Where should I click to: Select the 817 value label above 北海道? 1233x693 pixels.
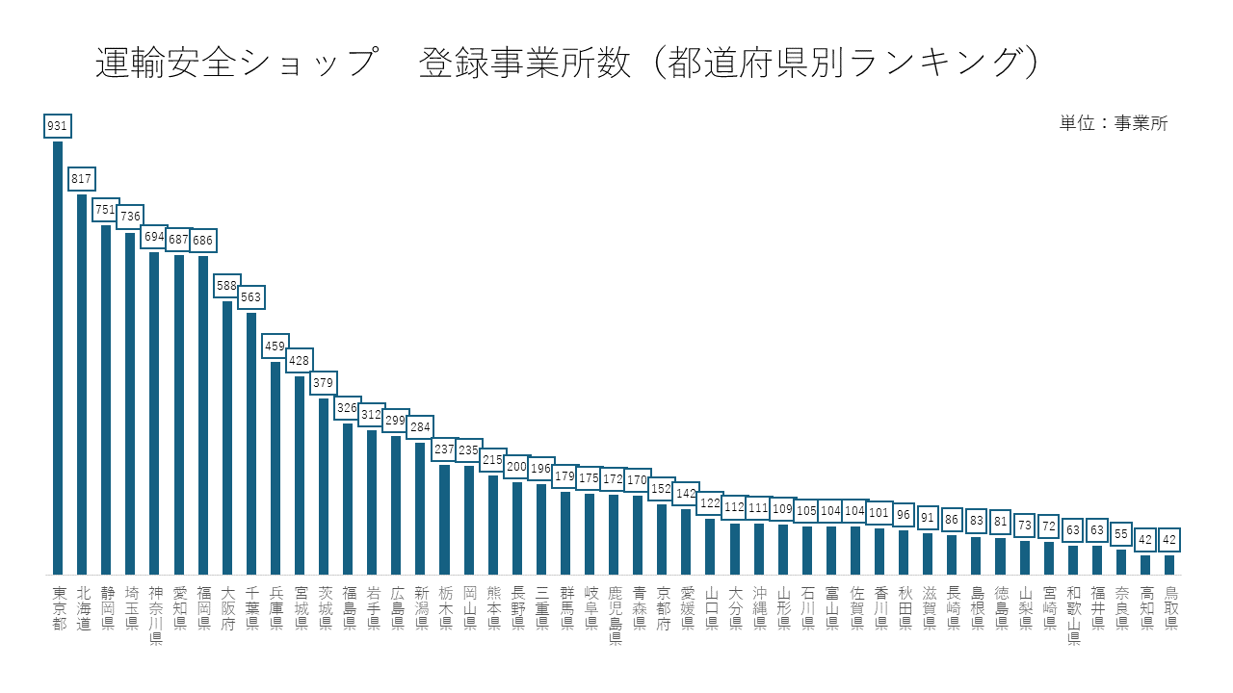tap(82, 179)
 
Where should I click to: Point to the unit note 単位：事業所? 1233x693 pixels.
tap(1114, 123)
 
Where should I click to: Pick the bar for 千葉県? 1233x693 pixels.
tap(251, 443)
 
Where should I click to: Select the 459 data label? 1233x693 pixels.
tap(275, 346)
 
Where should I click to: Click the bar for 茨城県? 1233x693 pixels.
tap(324, 486)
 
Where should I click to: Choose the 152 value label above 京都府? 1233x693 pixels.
tap(662, 489)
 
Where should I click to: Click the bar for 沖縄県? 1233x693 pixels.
tap(759, 549)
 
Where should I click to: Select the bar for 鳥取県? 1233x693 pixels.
tap(1169, 564)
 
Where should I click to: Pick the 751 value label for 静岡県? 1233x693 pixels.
tap(106, 210)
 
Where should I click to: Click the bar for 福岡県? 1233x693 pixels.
tap(203, 415)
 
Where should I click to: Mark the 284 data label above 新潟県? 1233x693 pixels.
tap(420, 427)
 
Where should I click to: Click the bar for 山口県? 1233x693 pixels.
tap(711, 546)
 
